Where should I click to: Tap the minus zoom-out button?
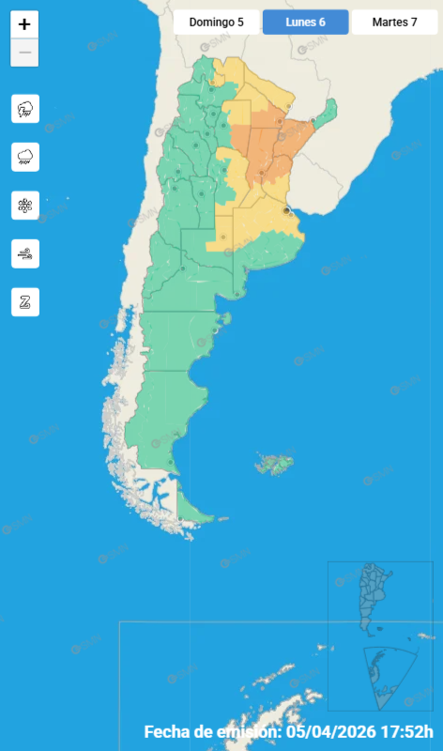pyautogui.click(x=24, y=54)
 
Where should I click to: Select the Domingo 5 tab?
pyautogui.click(x=215, y=22)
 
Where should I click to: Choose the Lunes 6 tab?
pyautogui.click(x=305, y=22)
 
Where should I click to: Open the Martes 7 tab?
pyautogui.click(x=394, y=22)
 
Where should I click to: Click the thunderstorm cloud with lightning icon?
pyautogui.click(x=24, y=109)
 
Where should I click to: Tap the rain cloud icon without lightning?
pyautogui.click(x=24, y=157)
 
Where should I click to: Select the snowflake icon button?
pyautogui.click(x=24, y=205)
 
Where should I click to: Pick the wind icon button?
pyautogui.click(x=24, y=253)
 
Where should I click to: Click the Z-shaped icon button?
pyautogui.click(x=24, y=301)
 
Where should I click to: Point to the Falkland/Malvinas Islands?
pyautogui.click(x=275, y=463)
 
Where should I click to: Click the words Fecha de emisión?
pyautogui.click(x=211, y=732)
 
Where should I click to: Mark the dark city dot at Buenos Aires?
pyautogui.click(x=287, y=211)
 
